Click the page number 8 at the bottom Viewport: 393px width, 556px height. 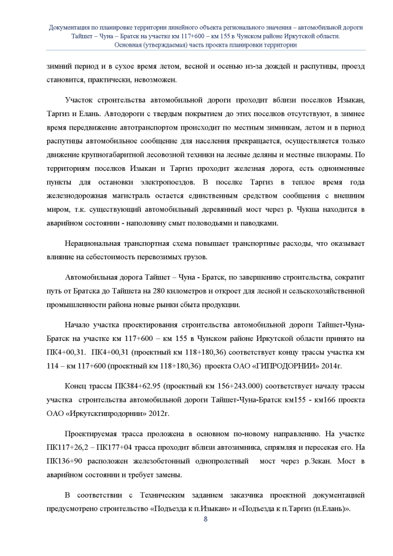pyautogui.click(x=205, y=519)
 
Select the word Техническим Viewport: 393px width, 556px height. pyautogui.click(x=151, y=495)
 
